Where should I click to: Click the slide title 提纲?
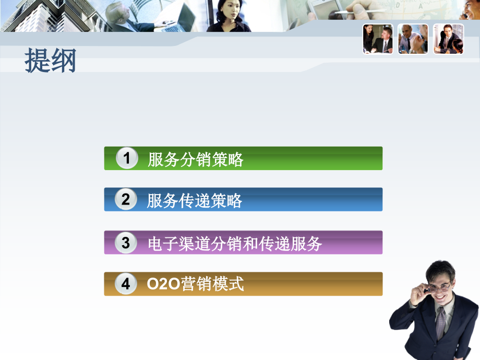(51, 61)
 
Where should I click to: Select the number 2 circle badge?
(126, 199)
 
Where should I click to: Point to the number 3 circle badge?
(126, 243)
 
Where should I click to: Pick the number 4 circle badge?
(126, 284)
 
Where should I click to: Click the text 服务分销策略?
(195, 159)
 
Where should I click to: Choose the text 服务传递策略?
(195, 200)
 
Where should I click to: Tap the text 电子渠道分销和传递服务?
(235, 244)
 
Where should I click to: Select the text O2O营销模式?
(196, 284)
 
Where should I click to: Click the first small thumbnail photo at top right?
(378, 39)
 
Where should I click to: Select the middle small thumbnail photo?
(413, 39)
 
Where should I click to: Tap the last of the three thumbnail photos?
(448, 39)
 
